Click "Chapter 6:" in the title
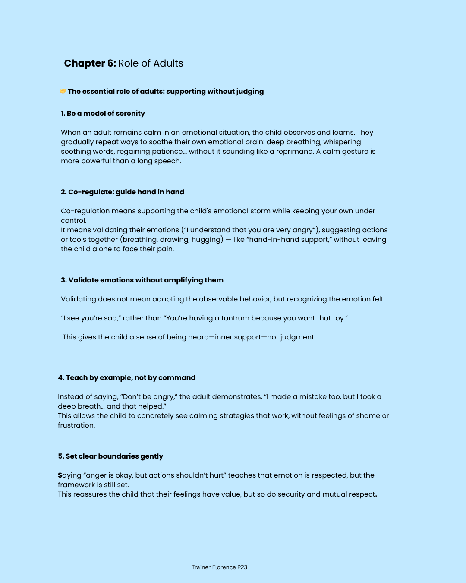point(90,63)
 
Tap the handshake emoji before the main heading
point(63,92)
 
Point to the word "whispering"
point(340,142)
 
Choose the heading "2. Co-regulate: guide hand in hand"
point(123,192)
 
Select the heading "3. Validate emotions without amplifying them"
point(142,280)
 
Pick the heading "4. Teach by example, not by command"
point(126,378)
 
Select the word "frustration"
point(76,425)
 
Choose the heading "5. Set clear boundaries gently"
point(110,456)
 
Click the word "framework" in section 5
point(76,485)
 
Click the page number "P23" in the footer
point(242,567)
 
